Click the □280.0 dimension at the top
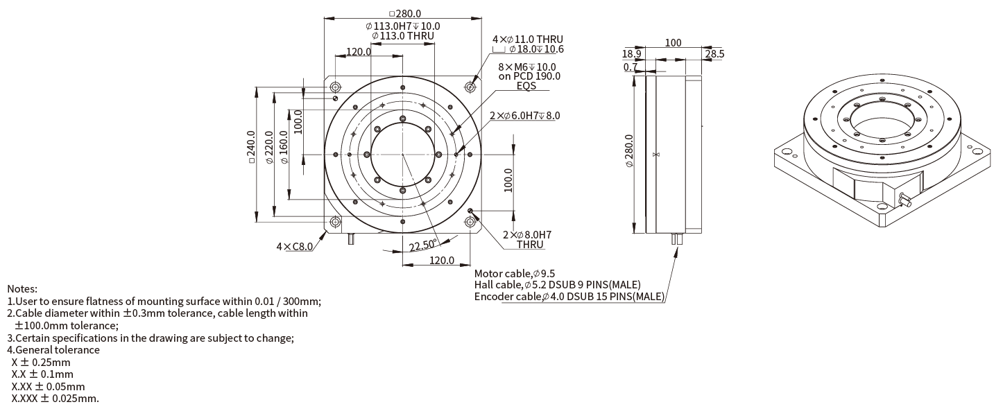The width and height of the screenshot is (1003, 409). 405,13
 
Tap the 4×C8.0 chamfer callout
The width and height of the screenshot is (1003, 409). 295,246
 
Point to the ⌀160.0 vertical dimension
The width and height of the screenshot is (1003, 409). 284,147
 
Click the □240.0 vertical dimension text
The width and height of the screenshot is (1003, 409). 252,147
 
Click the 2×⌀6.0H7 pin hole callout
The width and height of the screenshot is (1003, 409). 524,116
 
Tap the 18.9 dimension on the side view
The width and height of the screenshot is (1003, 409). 631,53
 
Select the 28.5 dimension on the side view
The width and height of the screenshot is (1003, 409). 714,53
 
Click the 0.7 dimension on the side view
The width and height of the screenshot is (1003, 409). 630,67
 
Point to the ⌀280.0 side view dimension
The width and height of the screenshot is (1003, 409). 628,152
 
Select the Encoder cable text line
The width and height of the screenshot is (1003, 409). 569,297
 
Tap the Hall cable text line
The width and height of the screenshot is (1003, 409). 557,285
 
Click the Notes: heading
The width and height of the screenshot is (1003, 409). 22,288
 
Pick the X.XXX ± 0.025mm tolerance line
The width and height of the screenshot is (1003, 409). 55,399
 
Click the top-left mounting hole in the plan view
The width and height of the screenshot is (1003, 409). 336,87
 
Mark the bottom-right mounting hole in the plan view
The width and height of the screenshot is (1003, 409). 470,222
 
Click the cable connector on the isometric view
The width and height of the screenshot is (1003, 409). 903,201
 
